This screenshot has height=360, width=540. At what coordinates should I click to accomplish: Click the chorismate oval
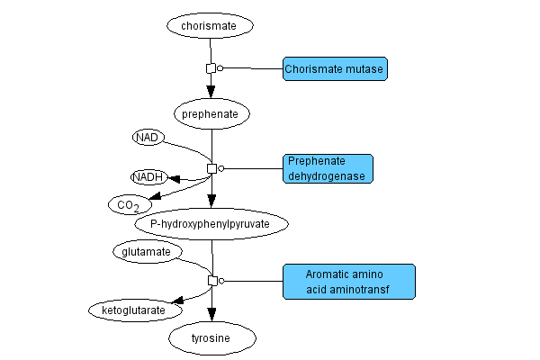[208, 26]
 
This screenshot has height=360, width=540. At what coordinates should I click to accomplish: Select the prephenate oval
[211, 114]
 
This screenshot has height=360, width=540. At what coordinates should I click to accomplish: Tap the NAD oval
[147, 138]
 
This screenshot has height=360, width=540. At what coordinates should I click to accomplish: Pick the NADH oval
[148, 177]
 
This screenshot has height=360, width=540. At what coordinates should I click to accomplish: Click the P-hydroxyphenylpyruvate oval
[211, 223]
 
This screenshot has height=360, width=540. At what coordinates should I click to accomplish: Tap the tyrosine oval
[211, 338]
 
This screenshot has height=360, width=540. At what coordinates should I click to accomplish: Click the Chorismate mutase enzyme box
[335, 68]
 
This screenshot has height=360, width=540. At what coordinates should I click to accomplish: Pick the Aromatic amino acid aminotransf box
[349, 281]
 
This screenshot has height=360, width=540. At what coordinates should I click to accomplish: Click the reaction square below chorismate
[211, 68]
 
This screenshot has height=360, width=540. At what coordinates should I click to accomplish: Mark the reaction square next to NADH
[212, 168]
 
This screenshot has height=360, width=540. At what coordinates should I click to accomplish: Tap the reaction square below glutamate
[212, 281]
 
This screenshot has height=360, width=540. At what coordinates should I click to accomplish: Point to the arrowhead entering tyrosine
[211, 314]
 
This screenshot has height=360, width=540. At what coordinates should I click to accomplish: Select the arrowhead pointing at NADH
[175, 179]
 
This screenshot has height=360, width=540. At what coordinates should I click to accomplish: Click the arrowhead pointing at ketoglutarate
[178, 301]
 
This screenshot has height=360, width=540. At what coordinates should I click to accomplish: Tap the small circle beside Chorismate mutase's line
[220, 68]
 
